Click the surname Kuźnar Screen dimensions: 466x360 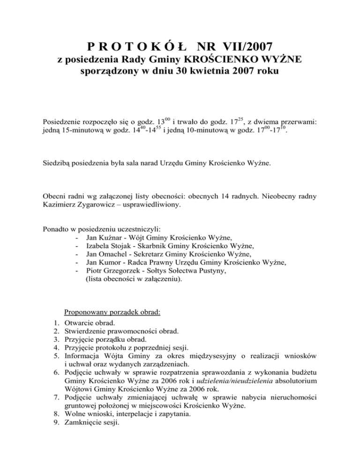click(111, 238)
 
